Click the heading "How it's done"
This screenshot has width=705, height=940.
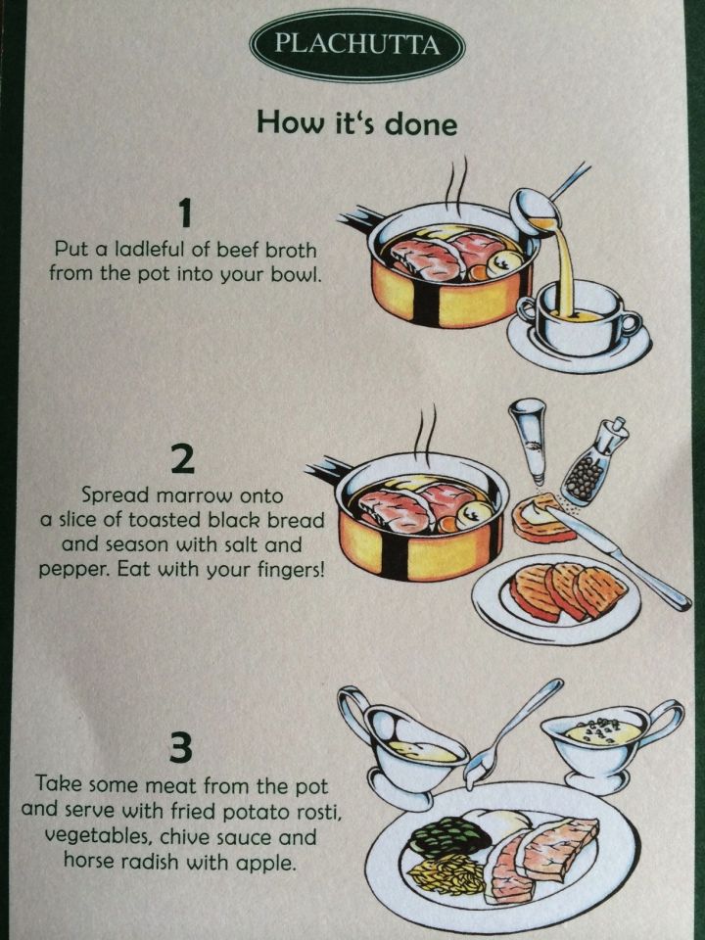[357, 122]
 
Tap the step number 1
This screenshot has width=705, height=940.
[186, 213]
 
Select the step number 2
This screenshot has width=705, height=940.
[183, 460]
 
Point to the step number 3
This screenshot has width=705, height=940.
[180, 749]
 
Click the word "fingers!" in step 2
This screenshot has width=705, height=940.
[291, 570]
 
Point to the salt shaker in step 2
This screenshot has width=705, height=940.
[529, 440]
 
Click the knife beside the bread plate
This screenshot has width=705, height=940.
[618, 556]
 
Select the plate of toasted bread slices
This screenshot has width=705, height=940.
[556, 597]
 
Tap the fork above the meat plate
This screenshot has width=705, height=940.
[511, 732]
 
